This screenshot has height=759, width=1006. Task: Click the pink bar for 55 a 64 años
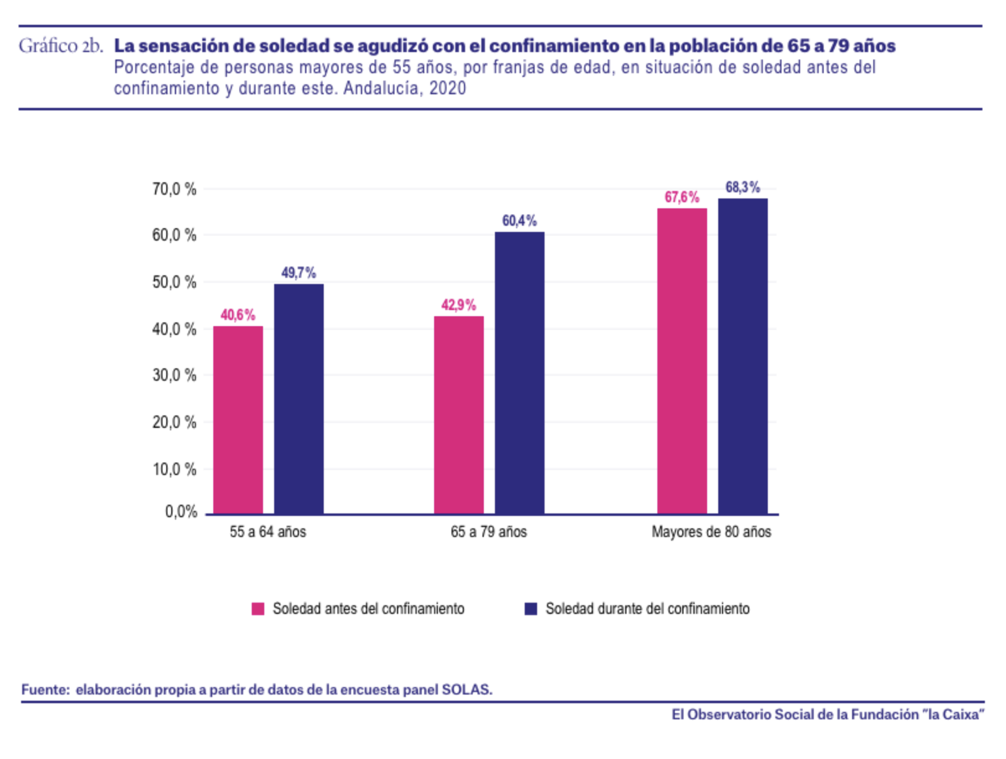click(x=238, y=420)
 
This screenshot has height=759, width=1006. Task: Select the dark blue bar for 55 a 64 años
click(x=299, y=399)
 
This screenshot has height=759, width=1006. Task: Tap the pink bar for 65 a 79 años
click(x=459, y=415)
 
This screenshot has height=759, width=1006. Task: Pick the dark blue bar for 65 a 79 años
click(x=520, y=373)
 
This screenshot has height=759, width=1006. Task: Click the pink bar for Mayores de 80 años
click(x=682, y=361)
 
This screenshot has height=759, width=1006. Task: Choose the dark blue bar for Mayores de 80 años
click(x=743, y=356)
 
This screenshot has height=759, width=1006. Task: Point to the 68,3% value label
click(x=743, y=187)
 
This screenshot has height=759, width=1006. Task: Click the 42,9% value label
click(x=459, y=305)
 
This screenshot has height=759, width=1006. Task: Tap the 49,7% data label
click(x=299, y=273)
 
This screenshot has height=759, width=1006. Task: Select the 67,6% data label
click(x=682, y=197)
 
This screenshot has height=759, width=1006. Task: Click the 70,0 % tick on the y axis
click(x=174, y=189)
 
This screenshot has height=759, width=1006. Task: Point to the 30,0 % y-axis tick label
click(x=174, y=375)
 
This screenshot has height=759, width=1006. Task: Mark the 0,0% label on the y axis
click(x=181, y=512)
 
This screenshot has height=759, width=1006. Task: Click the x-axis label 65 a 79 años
click(x=489, y=532)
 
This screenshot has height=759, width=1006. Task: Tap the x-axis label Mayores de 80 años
click(x=711, y=532)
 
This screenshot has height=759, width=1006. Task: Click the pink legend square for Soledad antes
click(x=258, y=609)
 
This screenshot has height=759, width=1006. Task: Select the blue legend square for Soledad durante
click(x=531, y=609)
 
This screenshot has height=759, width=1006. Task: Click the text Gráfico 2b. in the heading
click(x=61, y=46)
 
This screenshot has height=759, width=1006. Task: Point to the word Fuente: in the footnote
click(x=46, y=690)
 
